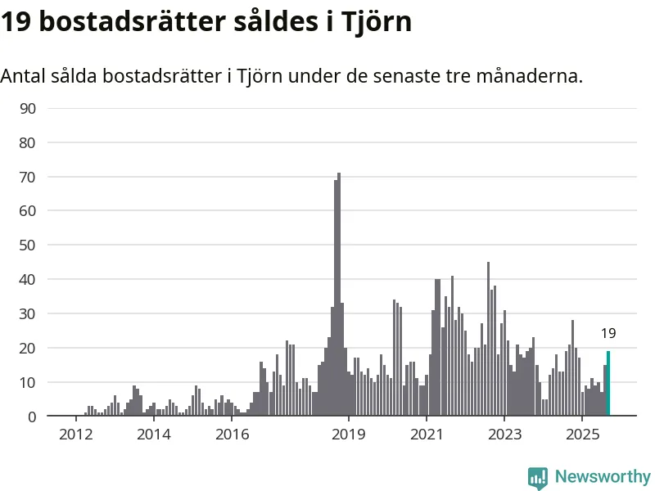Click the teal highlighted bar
[x=608, y=383]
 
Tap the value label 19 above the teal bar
[x=608, y=333]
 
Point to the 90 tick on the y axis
[x=28, y=108]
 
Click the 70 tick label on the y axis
[x=28, y=177]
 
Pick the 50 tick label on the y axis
[x=28, y=245]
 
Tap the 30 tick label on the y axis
[x=28, y=314]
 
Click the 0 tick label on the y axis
[x=32, y=417]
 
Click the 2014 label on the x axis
[x=153, y=433]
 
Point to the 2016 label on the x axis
[x=232, y=433]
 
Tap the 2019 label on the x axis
[x=349, y=433]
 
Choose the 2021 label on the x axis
[x=427, y=433]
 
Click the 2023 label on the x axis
[x=504, y=433]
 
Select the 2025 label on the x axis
[x=582, y=433]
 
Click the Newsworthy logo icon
[x=538, y=477]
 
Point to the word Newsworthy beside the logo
[x=603, y=476]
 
